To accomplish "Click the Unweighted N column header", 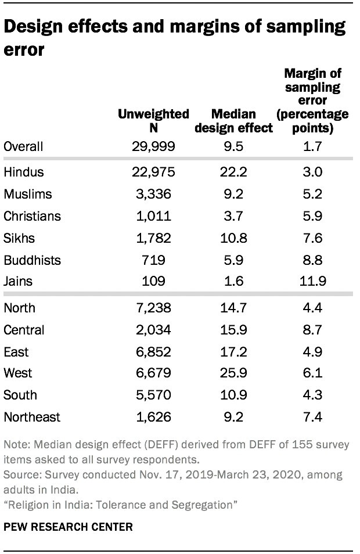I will pos(153,121).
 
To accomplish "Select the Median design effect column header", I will pos(233,121).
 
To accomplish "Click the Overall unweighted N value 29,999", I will pos(153,146).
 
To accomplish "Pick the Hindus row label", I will pos(24,172).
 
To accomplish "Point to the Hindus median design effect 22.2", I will pos(233,172).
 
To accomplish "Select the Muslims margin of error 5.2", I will pos(312,194).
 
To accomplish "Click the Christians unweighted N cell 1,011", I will pos(153,216).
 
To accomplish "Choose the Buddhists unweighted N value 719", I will pos(153,260).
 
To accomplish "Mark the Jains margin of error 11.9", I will pos(312,282).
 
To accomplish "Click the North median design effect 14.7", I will pos(233,308).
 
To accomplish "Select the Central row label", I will pos(24,330).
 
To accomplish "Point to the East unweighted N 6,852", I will pos(153,352).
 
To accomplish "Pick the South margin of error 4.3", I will pos(312,395).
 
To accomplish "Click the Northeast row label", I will pos(32,417).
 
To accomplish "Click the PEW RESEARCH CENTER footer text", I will pos(67,528).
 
